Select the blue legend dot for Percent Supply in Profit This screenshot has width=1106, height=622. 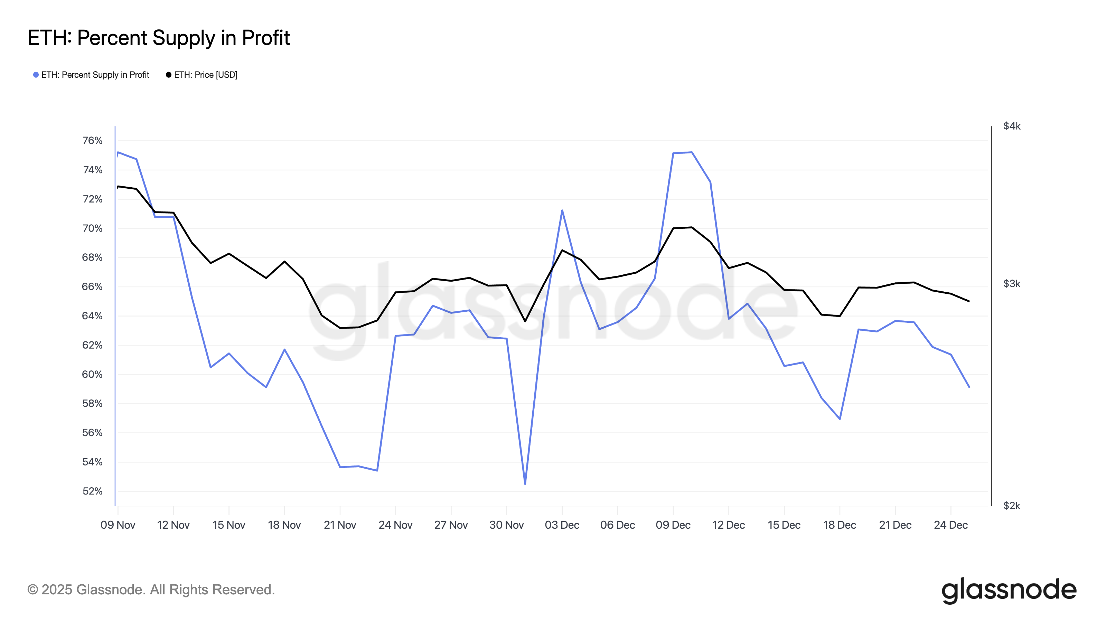[36, 75]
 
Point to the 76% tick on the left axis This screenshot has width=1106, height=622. [92, 141]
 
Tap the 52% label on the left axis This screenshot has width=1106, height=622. [92, 491]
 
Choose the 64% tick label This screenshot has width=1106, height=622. [92, 316]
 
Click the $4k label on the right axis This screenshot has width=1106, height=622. [1012, 126]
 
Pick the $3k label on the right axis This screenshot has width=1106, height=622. [1012, 284]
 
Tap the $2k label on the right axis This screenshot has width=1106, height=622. [1012, 506]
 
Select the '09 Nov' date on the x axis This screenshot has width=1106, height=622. [118, 525]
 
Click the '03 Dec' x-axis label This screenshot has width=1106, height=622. [562, 525]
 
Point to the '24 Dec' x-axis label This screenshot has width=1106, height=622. [950, 525]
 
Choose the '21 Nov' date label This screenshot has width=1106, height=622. [340, 525]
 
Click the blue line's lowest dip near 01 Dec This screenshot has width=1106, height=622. [525, 484]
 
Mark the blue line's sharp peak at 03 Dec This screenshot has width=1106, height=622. [562, 210]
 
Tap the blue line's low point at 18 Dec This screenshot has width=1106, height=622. [840, 418]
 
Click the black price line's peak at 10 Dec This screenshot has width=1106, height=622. [692, 227]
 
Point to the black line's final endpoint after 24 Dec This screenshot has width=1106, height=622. [969, 301]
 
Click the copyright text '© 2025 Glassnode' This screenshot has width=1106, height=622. [151, 590]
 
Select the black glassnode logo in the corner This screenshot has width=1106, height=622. [1009, 590]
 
